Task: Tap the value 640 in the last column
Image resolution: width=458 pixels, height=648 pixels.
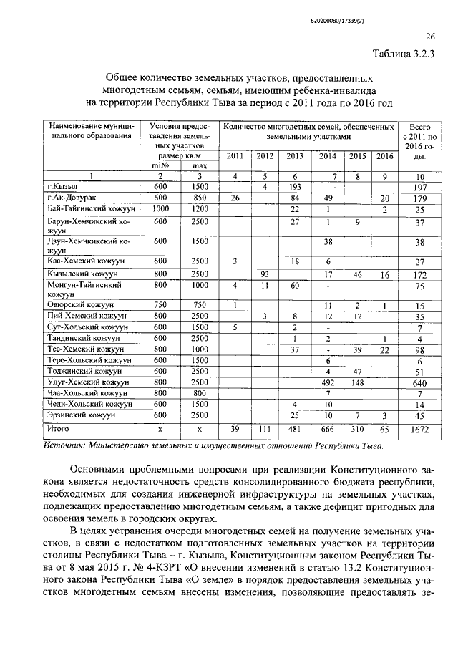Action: pos(421,383)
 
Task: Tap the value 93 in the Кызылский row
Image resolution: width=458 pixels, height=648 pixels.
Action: pos(265,274)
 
